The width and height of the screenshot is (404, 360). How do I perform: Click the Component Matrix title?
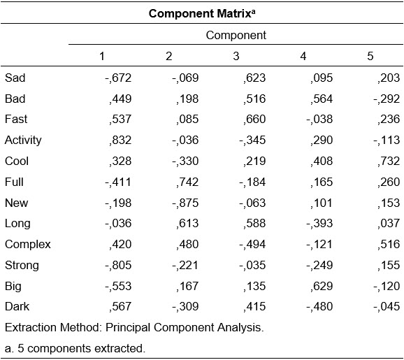pyautogui.click(x=202, y=13)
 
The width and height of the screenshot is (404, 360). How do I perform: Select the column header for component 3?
pyautogui.click(x=236, y=56)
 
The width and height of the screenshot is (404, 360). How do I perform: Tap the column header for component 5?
pyautogui.click(x=370, y=56)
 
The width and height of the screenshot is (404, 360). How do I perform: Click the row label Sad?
pyautogui.click(x=15, y=78)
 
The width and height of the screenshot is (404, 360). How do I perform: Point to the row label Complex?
pyautogui.click(x=28, y=244)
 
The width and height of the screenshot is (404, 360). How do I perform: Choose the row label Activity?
pyautogui.click(x=23, y=141)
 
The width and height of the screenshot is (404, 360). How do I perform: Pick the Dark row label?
pyautogui.click(x=17, y=307)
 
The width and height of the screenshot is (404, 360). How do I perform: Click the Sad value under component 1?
pyautogui.click(x=118, y=78)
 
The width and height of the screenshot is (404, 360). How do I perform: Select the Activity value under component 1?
pyautogui.click(x=120, y=141)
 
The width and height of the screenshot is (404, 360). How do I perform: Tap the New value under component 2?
pyautogui.click(x=185, y=203)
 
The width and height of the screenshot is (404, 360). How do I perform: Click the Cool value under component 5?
pyautogui.click(x=389, y=161)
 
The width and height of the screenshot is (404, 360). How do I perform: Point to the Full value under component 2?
pyautogui.click(x=187, y=182)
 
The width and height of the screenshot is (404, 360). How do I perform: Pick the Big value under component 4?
pyautogui.click(x=322, y=286)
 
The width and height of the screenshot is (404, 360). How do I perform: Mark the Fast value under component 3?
pyautogui.click(x=254, y=120)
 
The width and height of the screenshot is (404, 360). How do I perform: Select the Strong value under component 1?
pyautogui.click(x=118, y=265)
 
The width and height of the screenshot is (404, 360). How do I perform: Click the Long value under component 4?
pyautogui.click(x=319, y=224)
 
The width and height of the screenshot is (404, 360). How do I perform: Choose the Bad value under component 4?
pyautogui.click(x=322, y=99)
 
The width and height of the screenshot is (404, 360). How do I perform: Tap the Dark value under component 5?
pyautogui.click(x=387, y=307)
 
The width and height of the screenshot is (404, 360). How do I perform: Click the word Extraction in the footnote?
pyautogui.click(x=30, y=328)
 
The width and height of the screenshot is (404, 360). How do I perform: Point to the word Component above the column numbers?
pyautogui.click(x=236, y=35)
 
